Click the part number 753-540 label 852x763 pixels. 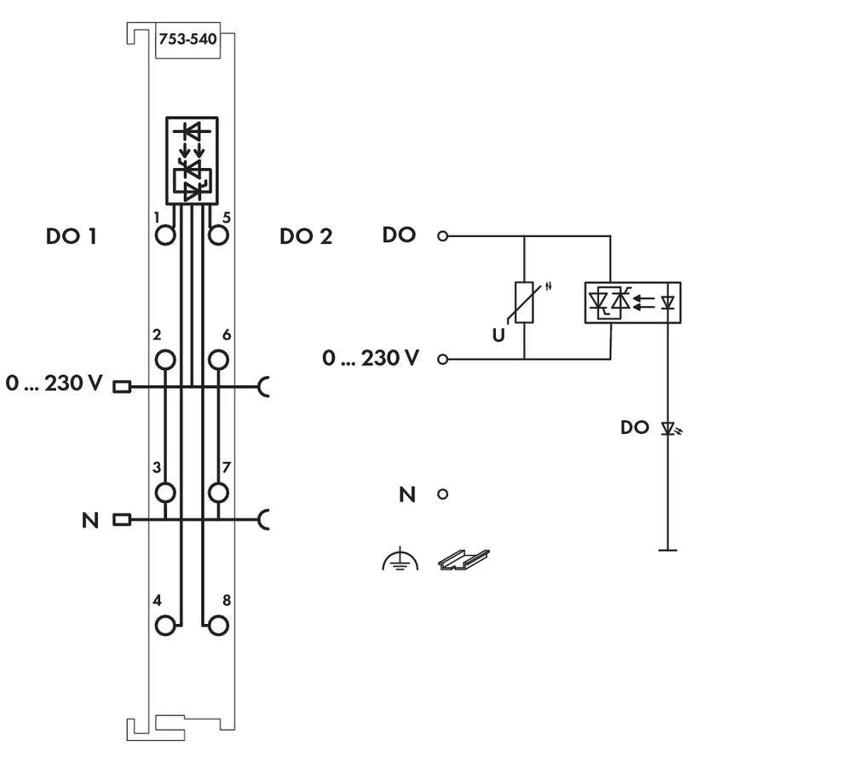(187, 39)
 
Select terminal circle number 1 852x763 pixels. (165, 235)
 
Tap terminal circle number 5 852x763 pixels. (219, 235)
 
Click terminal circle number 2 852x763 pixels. (165, 360)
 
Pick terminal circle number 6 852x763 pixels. (219, 360)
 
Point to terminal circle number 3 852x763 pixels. (165, 492)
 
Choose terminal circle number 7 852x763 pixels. (219, 492)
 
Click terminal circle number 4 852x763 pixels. (165, 625)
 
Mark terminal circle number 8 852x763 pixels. (219, 625)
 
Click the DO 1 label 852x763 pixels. (71, 236)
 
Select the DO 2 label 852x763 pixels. (306, 236)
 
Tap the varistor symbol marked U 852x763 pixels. (524, 303)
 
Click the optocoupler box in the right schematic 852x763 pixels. (632, 302)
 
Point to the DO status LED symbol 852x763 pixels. (669, 428)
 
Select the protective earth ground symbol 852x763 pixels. (400, 561)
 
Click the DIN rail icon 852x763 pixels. (463, 559)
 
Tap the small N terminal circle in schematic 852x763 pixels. (442, 494)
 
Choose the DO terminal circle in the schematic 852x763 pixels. (442, 236)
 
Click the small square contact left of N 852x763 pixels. (122, 519)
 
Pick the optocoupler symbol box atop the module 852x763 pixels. (192, 159)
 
